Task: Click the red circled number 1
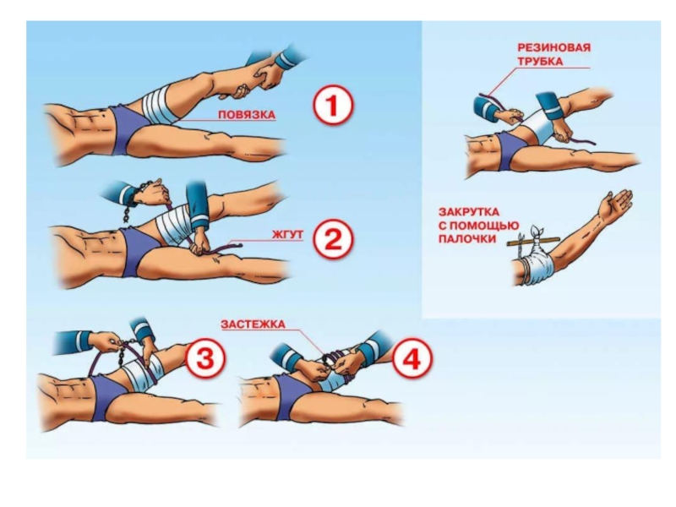pos(332,106)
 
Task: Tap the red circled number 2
pos(332,240)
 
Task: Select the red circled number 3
pos(205,358)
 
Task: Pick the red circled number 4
pos(412,358)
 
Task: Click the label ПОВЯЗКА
pos(247,115)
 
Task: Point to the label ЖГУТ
pos(287,235)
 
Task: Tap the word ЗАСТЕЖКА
pos(253,324)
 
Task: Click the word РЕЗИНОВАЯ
pos(554,47)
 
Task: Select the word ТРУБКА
pos(540,61)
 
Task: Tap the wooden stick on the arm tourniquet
pos(534,242)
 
